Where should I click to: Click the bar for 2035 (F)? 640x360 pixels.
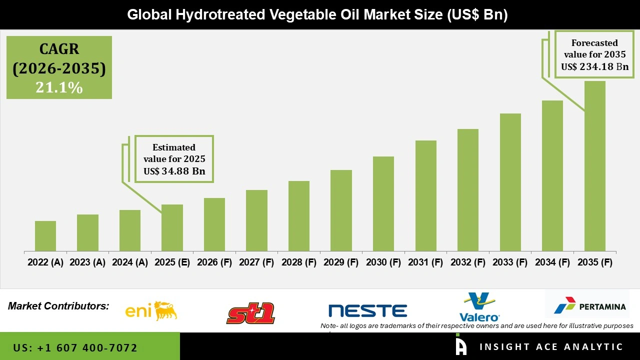pyautogui.click(x=594, y=166)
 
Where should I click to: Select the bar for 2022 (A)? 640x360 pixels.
pyautogui.click(x=45, y=236)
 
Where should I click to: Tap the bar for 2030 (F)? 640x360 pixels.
pyautogui.click(x=383, y=203)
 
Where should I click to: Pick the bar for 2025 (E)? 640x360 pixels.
pyautogui.click(x=172, y=227)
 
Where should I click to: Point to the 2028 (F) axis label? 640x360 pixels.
pyautogui.click(x=299, y=262)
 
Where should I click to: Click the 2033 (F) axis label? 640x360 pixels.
pyautogui.click(x=510, y=262)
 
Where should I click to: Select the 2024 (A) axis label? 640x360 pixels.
pyautogui.click(x=130, y=262)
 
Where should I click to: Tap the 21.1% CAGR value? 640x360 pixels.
pyautogui.click(x=59, y=87)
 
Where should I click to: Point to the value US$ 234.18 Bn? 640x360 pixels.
pyautogui.click(x=594, y=66)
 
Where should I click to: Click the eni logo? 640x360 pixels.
pyautogui.click(x=151, y=311)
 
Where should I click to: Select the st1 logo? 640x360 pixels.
pyautogui.click(x=250, y=313)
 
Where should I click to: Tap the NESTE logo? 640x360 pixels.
pyautogui.click(x=367, y=310)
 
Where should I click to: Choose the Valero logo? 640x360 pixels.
pyautogui.click(x=479, y=307)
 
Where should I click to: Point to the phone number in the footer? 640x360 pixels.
pyautogui.click(x=75, y=347)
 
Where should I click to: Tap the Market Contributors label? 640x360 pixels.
pyautogui.click(x=58, y=305)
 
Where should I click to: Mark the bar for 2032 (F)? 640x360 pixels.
pyautogui.click(x=468, y=190)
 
